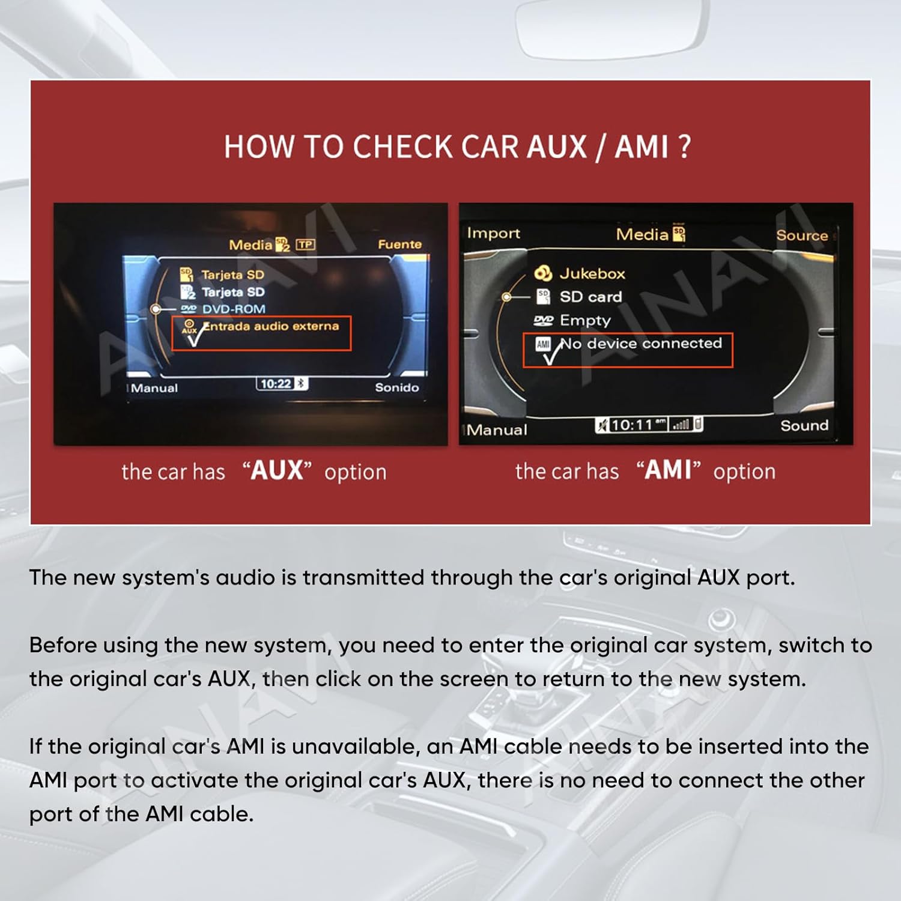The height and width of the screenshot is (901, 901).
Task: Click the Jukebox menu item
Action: point(592,274)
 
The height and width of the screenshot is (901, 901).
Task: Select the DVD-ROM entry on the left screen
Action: point(233,309)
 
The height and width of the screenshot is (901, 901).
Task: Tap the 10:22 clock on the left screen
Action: point(276,384)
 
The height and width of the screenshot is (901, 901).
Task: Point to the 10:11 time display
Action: point(631,425)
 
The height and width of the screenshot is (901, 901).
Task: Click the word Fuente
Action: point(399,244)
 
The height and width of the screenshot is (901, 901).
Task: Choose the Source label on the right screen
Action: point(801,235)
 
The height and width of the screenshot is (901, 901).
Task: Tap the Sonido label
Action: point(396,388)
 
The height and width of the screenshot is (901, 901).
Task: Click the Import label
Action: point(493,234)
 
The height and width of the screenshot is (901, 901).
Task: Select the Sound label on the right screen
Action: point(804,426)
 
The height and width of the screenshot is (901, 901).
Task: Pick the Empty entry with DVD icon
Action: point(584,321)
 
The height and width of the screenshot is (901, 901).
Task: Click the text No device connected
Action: point(641,344)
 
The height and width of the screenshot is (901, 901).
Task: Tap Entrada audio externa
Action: point(271,326)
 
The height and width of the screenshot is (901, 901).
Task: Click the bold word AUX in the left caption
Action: point(277,471)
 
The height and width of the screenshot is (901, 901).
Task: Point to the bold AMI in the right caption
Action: point(668,470)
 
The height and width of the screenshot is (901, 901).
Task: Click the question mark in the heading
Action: point(684,147)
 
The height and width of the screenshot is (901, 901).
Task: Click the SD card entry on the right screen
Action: point(590,297)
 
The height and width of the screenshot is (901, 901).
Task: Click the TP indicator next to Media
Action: point(305,244)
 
